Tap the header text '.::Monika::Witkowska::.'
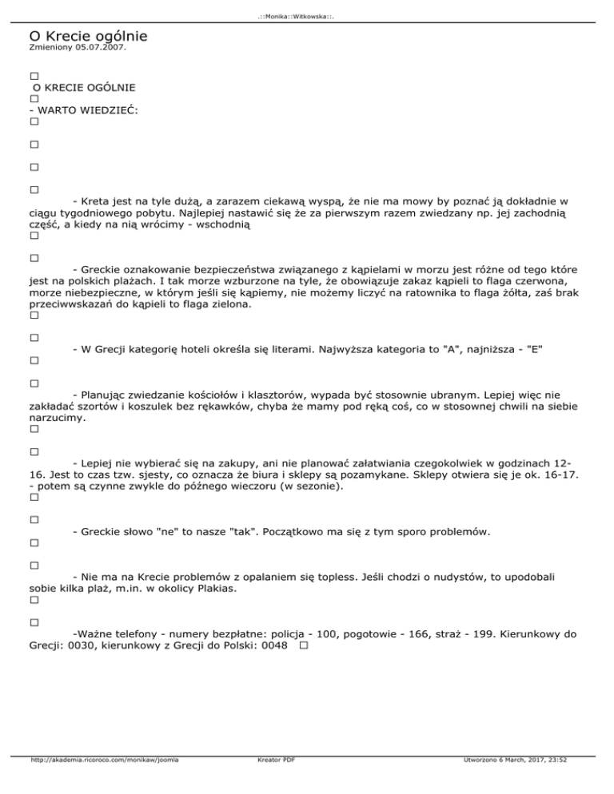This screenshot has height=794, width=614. pyautogui.click(x=307, y=15)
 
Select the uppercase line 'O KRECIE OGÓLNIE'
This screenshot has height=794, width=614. pyautogui.click(x=83, y=86)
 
